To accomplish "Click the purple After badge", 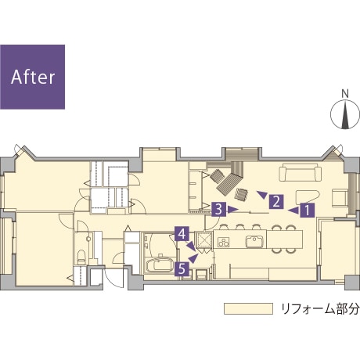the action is pos(32,77).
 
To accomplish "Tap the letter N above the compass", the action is pos(345,93).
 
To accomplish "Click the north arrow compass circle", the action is pos(345,114).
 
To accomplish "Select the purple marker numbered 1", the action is pos(308,211).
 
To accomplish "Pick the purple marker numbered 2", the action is pos(276,202).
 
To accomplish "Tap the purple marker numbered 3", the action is pos(218,209).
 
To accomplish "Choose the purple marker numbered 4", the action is pos(182,233).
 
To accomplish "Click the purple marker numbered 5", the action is pos(182,268).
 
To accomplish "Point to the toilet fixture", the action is pos(81,256).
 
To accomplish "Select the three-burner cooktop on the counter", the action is pos(224,242).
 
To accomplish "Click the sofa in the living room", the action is pos(301,172).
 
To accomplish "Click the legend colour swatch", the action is pos(248,308).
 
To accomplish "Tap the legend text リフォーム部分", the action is pos(320,309).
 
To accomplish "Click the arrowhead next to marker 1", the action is pos(293,211).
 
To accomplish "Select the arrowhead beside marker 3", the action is pos(233,209).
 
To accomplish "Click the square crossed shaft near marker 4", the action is pos(203,239).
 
